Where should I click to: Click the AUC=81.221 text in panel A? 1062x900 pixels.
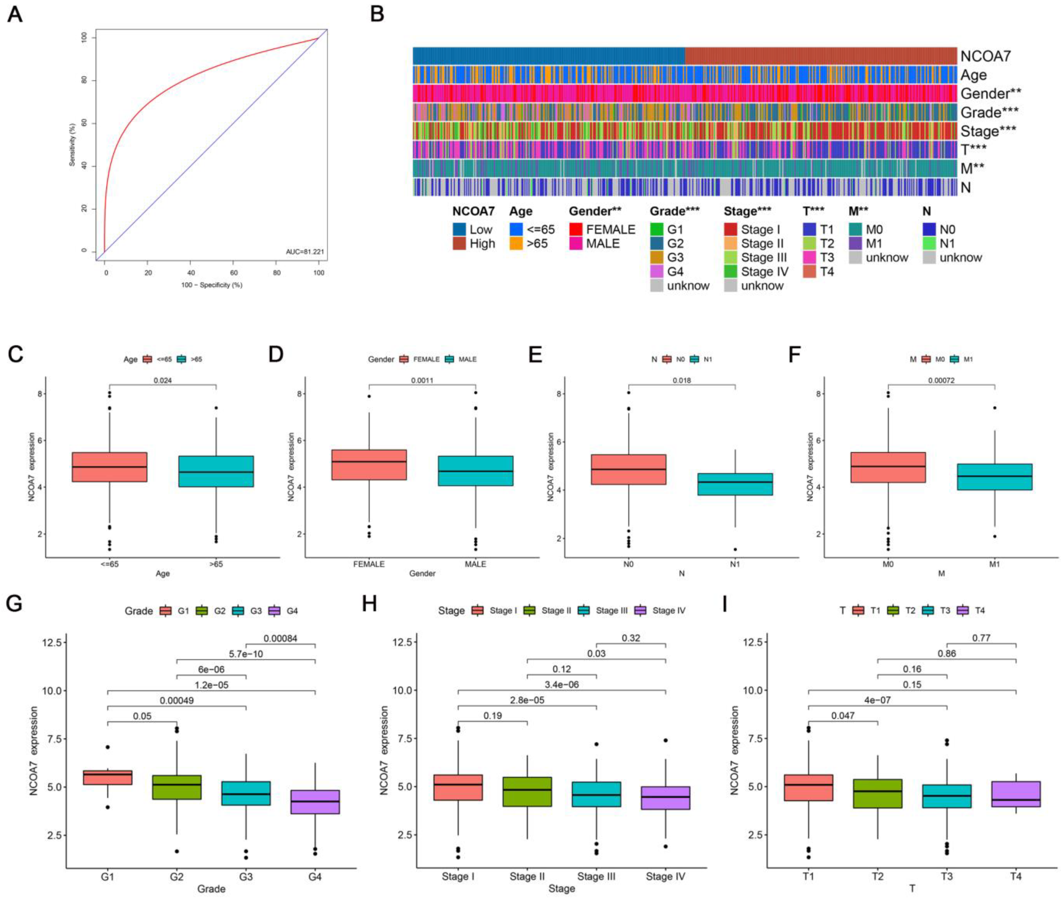point(304,252)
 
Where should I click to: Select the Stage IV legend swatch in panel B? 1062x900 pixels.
point(730,272)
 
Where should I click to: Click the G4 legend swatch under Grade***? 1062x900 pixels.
point(656,272)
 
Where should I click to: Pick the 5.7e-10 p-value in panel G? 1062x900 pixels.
point(246,654)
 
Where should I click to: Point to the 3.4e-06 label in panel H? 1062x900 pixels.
point(562,684)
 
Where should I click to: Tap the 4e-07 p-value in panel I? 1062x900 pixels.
point(877,700)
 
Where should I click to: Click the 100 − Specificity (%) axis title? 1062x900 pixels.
point(212,285)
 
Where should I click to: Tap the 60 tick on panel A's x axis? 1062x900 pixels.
point(234,273)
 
